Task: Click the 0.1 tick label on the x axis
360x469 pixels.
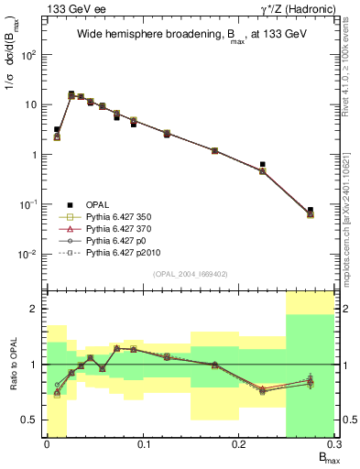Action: click(x=143, y=444)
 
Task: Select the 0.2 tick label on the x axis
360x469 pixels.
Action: click(x=238, y=444)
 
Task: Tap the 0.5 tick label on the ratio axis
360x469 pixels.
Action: click(x=30, y=420)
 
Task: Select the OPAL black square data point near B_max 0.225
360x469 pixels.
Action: click(x=262, y=165)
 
